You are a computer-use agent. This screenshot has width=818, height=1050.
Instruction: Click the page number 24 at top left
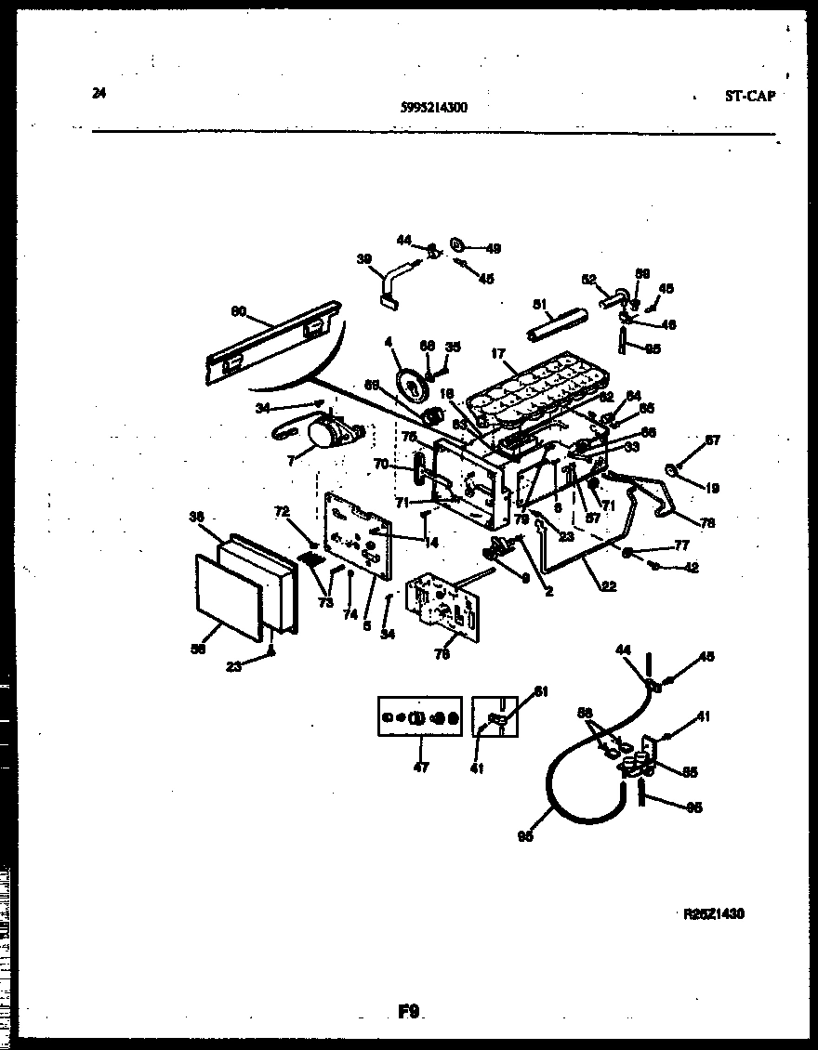click(x=99, y=91)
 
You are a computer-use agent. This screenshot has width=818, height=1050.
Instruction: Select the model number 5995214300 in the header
click(x=433, y=107)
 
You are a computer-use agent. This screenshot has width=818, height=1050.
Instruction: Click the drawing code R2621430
click(x=713, y=913)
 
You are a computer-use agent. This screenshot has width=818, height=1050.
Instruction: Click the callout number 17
click(x=498, y=353)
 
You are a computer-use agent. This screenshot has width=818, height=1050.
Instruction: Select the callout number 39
click(x=363, y=259)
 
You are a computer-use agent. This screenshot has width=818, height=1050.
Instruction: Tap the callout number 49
click(x=493, y=248)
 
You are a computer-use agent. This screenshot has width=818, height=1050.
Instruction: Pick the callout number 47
click(x=420, y=768)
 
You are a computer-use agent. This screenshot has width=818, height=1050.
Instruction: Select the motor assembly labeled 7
click(x=325, y=432)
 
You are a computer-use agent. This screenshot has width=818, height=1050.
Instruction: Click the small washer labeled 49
click(x=458, y=244)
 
